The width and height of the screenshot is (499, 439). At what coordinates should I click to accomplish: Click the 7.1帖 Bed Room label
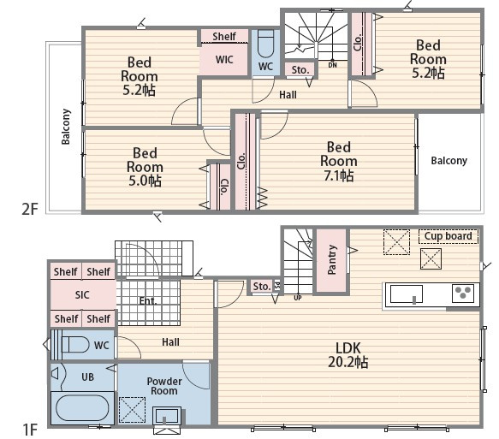[x=339, y=161]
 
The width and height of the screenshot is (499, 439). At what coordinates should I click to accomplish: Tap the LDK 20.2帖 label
[x=348, y=355]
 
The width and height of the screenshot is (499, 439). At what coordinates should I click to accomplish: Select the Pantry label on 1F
[x=331, y=260]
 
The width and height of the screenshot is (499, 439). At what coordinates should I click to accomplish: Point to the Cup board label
[x=449, y=236]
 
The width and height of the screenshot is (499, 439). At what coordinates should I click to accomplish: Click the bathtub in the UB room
[x=82, y=408]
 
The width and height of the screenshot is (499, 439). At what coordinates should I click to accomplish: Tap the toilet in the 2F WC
[x=265, y=44]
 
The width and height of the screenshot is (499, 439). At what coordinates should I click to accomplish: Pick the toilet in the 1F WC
[x=75, y=345]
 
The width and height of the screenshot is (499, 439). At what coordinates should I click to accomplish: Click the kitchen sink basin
[x=407, y=294]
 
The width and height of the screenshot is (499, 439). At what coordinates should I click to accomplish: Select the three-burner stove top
[x=463, y=294]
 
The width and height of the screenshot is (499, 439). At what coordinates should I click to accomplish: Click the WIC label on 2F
[x=224, y=60]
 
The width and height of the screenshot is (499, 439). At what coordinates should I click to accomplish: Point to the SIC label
[x=82, y=295]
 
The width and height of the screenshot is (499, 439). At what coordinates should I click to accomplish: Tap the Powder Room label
[x=164, y=386]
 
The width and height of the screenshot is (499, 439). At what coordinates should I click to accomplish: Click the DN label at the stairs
[x=333, y=65]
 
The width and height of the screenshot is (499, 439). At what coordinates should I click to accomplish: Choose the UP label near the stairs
[x=298, y=298]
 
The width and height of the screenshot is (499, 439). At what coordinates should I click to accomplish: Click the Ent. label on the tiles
[x=148, y=301]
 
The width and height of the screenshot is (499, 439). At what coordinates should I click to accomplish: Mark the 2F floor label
[x=30, y=209]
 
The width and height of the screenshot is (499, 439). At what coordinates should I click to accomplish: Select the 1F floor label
[x=30, y=430]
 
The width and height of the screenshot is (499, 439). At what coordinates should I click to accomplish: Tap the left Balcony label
[x=66, y=127]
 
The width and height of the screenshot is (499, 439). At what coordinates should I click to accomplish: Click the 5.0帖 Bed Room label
[x=146, y=167]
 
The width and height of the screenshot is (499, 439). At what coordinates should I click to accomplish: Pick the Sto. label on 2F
[x=300, y=70]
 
